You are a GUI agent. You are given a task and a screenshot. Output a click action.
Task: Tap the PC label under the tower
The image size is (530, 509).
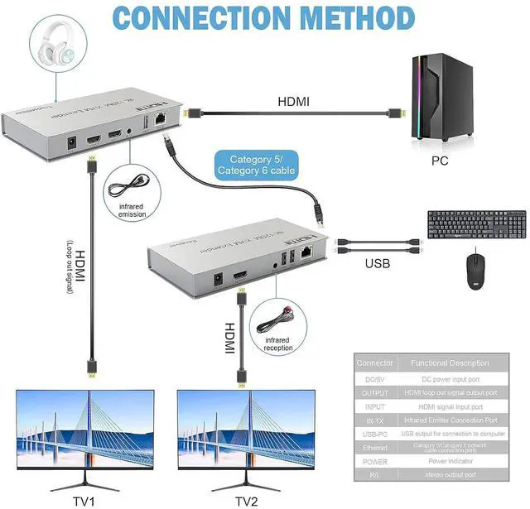[x=439, y=160]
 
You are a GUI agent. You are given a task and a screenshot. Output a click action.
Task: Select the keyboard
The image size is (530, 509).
[x=476, y=224]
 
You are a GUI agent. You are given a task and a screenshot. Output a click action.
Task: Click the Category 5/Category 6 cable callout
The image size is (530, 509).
[x=256, y=165]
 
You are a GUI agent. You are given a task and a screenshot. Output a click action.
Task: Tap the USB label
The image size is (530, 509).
[x=378, y=266]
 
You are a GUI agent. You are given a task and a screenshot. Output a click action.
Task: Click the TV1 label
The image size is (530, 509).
[x=85, y=501]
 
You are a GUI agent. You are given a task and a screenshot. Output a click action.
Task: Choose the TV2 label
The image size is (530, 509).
[x=246, y=501]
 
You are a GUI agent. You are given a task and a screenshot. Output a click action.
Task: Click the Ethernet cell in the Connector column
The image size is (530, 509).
[x=374, y=448]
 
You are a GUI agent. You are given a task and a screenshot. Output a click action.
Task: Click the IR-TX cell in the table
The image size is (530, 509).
[x=374, y=420]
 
